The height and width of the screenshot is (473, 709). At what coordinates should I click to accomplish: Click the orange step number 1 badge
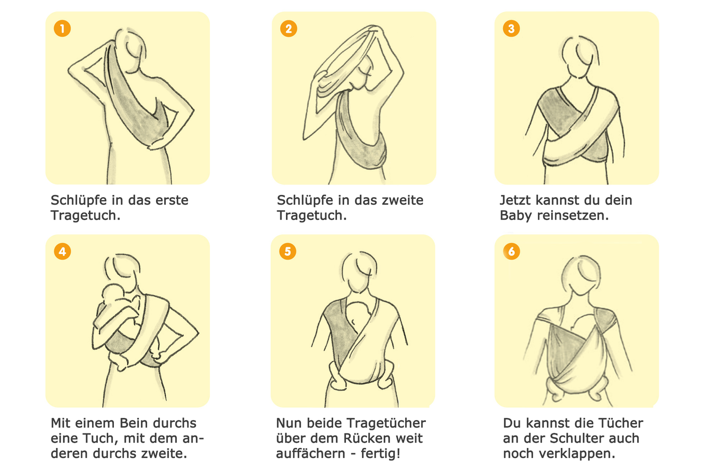point(62,28)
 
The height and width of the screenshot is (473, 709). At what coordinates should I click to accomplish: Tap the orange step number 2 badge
point(288,28)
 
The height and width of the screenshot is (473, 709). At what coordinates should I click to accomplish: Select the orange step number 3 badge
point(511,28)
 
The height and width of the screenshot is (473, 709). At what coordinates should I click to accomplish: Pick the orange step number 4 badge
point(62,251)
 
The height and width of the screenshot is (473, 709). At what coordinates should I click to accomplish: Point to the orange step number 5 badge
point(287,251)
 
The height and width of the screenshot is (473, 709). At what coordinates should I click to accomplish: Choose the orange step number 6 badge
point(511,251)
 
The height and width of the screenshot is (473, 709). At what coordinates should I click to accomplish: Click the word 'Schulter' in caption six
point(576,438)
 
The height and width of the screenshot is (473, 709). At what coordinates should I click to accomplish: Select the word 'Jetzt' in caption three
point(515,200)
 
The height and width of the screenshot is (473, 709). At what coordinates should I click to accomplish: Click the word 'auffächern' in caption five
point(311,454)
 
